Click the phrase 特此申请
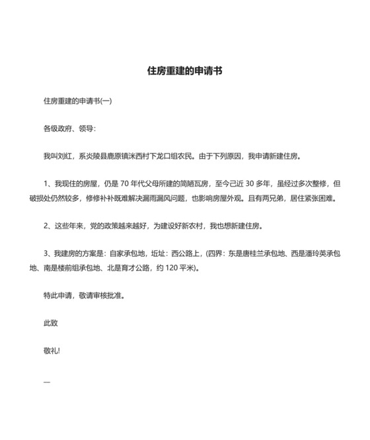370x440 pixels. [x=59, y=296]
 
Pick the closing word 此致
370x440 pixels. [x=50, y=324]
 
